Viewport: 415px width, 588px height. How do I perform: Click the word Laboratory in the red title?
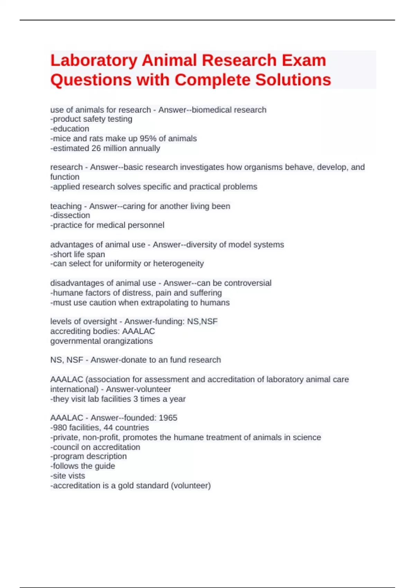(x=94, y=61)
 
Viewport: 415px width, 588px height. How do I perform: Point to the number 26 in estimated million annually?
(x=96, y=148)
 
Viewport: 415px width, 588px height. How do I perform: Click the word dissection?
(x=71, y=215)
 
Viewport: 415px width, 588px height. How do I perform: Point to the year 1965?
(x=168, y=418)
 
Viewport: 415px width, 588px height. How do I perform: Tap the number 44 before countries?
(x=109, y=428)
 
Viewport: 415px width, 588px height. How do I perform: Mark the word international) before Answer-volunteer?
(x=74, y=389)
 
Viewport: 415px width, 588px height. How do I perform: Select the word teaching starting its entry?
(x=66, y=206)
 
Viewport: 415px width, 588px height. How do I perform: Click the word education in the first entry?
(x=71, y=129)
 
